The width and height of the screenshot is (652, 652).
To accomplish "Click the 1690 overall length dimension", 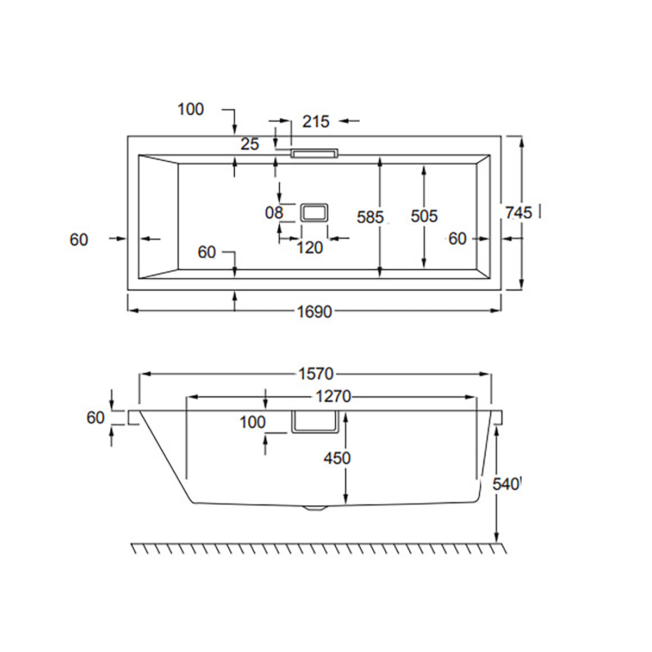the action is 315,312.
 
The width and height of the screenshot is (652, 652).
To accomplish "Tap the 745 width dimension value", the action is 519,213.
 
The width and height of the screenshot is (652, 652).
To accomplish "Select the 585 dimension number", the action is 370,217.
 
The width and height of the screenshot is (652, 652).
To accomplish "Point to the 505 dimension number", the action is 424,216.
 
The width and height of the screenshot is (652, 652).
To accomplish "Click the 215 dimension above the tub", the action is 316,122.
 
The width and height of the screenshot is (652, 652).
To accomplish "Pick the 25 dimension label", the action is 250,145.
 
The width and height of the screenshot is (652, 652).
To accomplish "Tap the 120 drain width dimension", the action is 310,248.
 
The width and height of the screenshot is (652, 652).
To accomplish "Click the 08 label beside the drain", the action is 274,213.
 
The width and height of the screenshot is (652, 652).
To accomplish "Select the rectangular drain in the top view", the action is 314,212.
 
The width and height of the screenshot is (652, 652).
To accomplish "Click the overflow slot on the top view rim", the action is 315,153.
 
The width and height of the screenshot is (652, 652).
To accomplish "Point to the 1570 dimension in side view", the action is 316,374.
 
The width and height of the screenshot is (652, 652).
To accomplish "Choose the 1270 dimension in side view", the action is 333,397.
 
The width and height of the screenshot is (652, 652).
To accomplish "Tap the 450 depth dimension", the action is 337,459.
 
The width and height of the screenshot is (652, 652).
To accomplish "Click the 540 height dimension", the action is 505,485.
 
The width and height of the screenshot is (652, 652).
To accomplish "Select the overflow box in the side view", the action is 315,422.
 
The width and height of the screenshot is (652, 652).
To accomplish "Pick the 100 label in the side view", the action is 253,422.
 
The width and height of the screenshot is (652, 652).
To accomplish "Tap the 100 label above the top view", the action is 191,110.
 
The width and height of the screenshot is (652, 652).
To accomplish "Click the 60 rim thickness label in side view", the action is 96,418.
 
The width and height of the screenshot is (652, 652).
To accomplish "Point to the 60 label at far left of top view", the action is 79,240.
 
